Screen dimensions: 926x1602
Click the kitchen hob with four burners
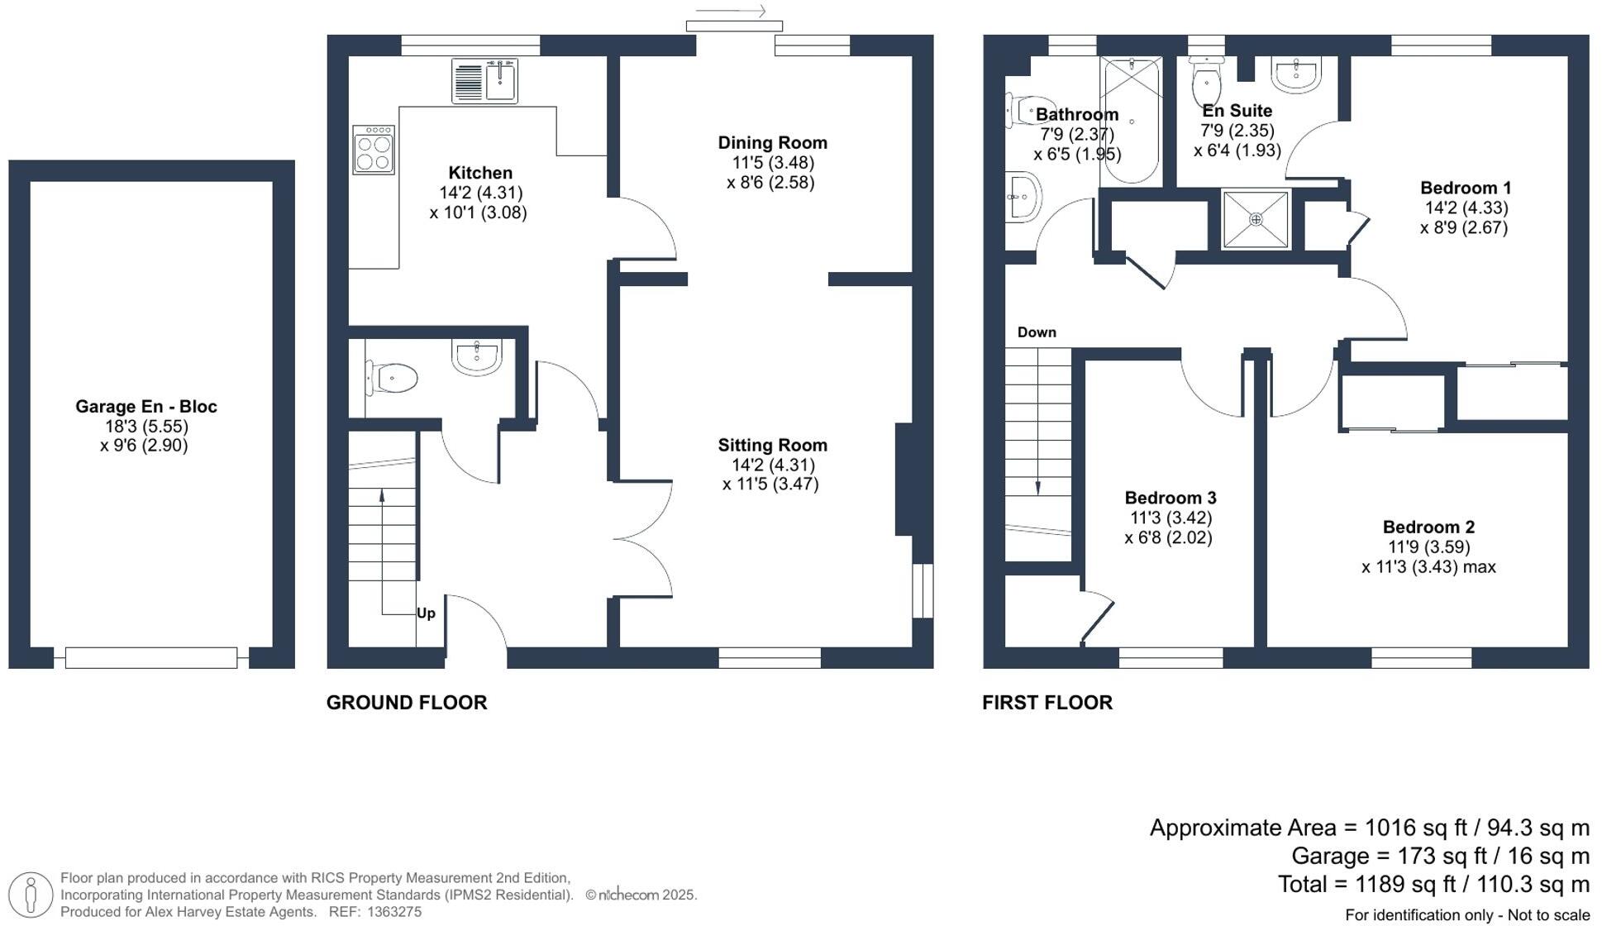click(x=374, y=150)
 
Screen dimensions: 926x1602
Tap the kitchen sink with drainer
click(x=484, y=80)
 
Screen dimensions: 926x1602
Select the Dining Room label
click(x=772, y=143)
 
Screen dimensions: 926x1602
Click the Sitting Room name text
click(x=772, y=446)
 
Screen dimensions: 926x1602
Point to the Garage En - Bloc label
click(x=146, y=407)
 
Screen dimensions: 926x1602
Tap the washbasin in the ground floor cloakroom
click(x=477, y=357)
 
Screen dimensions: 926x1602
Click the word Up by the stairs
click(x=426, y=613)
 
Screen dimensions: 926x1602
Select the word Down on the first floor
click(x=1037, y=332)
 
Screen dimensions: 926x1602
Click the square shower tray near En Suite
click(x=1256, y=219)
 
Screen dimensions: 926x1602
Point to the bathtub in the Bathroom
click(x=1131, y=120)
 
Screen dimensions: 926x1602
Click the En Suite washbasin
click(x=1296, y=74)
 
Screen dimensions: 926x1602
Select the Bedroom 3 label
click(x=1171, y=498)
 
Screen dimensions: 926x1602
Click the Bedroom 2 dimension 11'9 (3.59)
click(x=1429, y=547)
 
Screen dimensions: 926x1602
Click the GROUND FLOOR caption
click(x=407, y=703)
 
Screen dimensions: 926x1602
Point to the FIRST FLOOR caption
click(x=1047, y=703)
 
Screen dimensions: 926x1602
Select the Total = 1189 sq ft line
click(x=1433, y=885)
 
